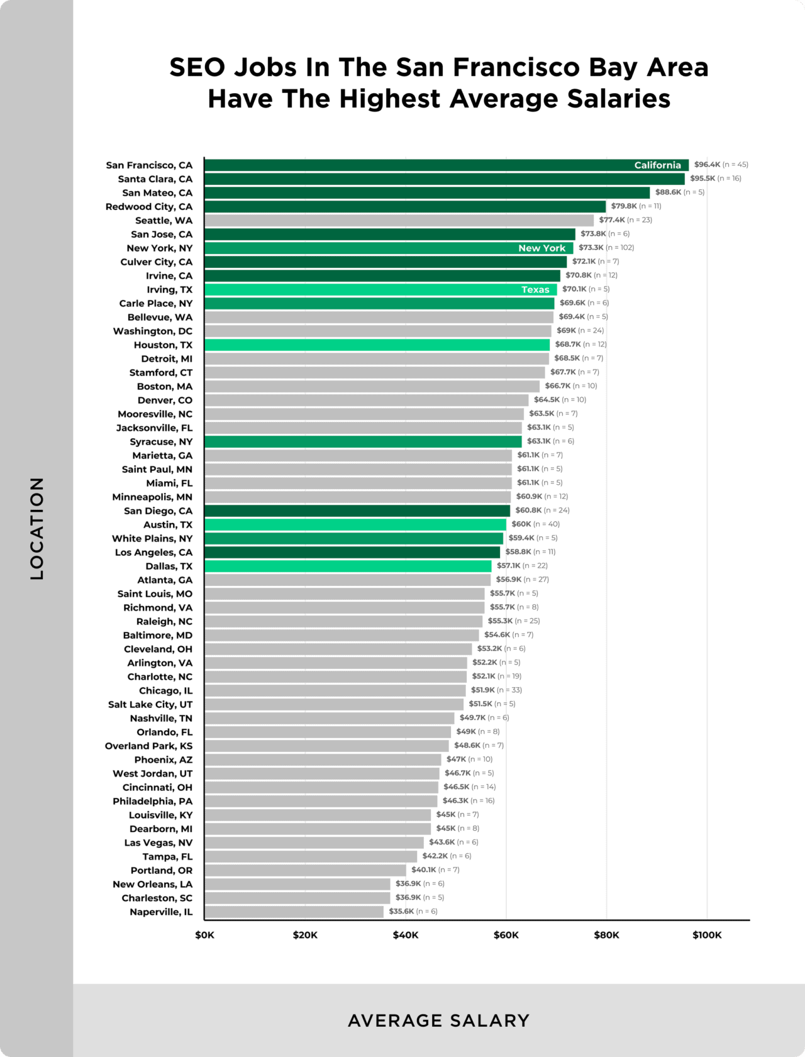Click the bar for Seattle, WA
pyautogui.click(x=399, y=221)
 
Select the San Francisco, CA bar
pyautogui.click(x=415, y=165)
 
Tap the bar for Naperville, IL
pyautogui.click(x=294, y=912)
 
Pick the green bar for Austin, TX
pyautogui.click(x=355, y=524)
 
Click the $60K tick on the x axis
pyautogui.click(x=506, y=935)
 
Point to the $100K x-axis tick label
pyautogui.click(x=707, y=935)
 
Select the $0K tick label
pyautogui.click(x=204, y=935)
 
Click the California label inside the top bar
pyautogui.click(x=657, y=165)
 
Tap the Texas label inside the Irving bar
pyautogui.click(x=535, y=290)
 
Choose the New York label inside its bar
pyautogui.click(x=541, y=248)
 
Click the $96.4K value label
pyautogui.click(x=707, y=165)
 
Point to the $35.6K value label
pyautogui.click(x=401, y=911)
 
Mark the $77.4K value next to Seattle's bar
pyautogui.click(x=611, y=220)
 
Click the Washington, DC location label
pyautogui.click(x=153, y=331)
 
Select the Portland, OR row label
pyautogui.click(x=162, y=870)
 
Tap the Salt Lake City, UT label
pyautogui.click(x=150, y=704)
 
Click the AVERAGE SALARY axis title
pyautogui.click(x=439, y=1021)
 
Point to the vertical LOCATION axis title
pyautogui.click(x=37, y=528)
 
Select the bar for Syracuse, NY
pyautogui.click(x=363, y=442)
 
